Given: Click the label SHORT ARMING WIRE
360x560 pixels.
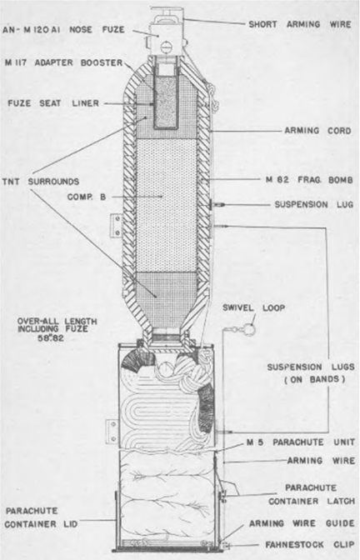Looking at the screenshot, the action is click(300, 24).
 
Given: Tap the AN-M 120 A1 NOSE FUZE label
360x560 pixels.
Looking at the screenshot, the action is click(63, 29).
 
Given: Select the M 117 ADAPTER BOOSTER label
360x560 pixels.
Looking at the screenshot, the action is click(64, 62).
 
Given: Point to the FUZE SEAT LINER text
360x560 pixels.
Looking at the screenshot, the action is click(53, 103).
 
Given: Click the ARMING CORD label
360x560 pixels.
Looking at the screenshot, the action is click(317, 131).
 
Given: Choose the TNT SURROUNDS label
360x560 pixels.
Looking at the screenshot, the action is click(41, 182).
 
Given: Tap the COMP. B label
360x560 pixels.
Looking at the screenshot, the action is click(87, 197).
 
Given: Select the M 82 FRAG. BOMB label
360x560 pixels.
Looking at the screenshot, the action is click(309, 180).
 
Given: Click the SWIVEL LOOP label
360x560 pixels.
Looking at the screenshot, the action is click(254, 307).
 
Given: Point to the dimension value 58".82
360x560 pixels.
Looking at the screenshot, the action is click(51, 337).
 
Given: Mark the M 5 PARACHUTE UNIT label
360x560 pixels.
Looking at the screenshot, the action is click(301, 442).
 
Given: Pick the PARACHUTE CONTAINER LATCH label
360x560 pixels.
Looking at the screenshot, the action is click(312, 495).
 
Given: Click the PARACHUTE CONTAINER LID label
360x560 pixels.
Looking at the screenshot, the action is click(41, 517).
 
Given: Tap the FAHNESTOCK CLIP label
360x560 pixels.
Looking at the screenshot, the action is click(310, 545).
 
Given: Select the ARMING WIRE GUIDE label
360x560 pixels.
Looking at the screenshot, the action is click(302, 523).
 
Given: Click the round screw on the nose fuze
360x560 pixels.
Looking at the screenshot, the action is click(167, 46).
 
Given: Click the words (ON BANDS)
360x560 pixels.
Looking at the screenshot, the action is click(315, 379).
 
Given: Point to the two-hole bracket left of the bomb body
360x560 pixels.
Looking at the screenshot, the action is click(116, 225).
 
